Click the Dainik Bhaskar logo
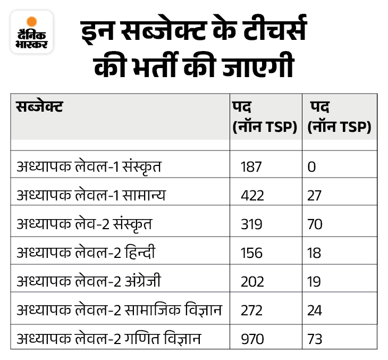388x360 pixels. tap(32, 31)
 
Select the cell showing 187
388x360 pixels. tap(251, 167)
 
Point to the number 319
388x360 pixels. tap(251, 224)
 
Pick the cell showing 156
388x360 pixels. tap(251, 253)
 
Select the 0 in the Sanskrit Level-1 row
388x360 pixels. tap(311, 167)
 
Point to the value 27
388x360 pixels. tap(315, 196)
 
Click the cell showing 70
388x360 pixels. tap(315, 224)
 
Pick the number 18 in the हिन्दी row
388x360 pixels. tap(314, 253)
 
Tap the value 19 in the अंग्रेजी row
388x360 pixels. tap(314, 282)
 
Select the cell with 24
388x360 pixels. tap(315, 311)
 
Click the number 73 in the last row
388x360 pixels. tap(315, 339)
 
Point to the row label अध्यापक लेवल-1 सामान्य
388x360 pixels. tap(91, 196)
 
